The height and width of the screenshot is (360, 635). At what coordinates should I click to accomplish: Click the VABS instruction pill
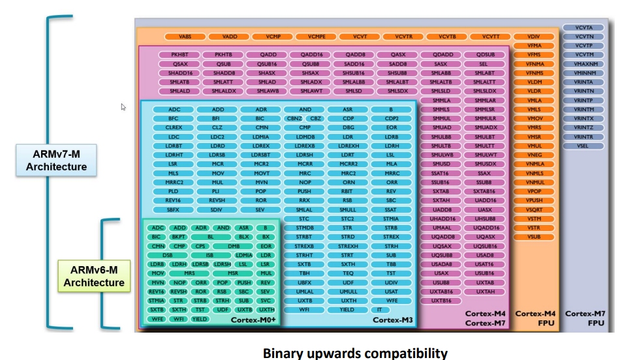[185, 37]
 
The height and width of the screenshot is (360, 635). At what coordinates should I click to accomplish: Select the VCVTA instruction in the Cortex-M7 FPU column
[584, 28]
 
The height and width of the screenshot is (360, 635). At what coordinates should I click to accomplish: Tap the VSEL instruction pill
[584, 146]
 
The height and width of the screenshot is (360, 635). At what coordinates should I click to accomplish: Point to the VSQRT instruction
[534, 210]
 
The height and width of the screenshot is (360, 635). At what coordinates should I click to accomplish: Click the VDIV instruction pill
[534, 37]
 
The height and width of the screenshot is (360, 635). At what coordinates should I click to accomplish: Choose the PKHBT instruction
[179, 55]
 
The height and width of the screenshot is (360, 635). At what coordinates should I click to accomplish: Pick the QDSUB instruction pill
[486, 55]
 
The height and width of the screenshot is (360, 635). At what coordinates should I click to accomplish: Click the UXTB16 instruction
[441, 301]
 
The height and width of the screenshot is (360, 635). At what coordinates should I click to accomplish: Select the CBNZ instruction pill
[294, 119]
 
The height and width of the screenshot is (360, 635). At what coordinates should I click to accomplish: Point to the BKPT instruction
[178, 237]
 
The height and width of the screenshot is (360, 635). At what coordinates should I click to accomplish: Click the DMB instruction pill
[234, 247]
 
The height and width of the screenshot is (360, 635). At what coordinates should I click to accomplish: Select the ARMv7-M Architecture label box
[56, 160]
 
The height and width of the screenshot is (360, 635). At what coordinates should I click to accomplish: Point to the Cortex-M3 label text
[392, 320]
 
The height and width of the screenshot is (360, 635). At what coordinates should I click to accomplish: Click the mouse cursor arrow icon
[123, 107]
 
